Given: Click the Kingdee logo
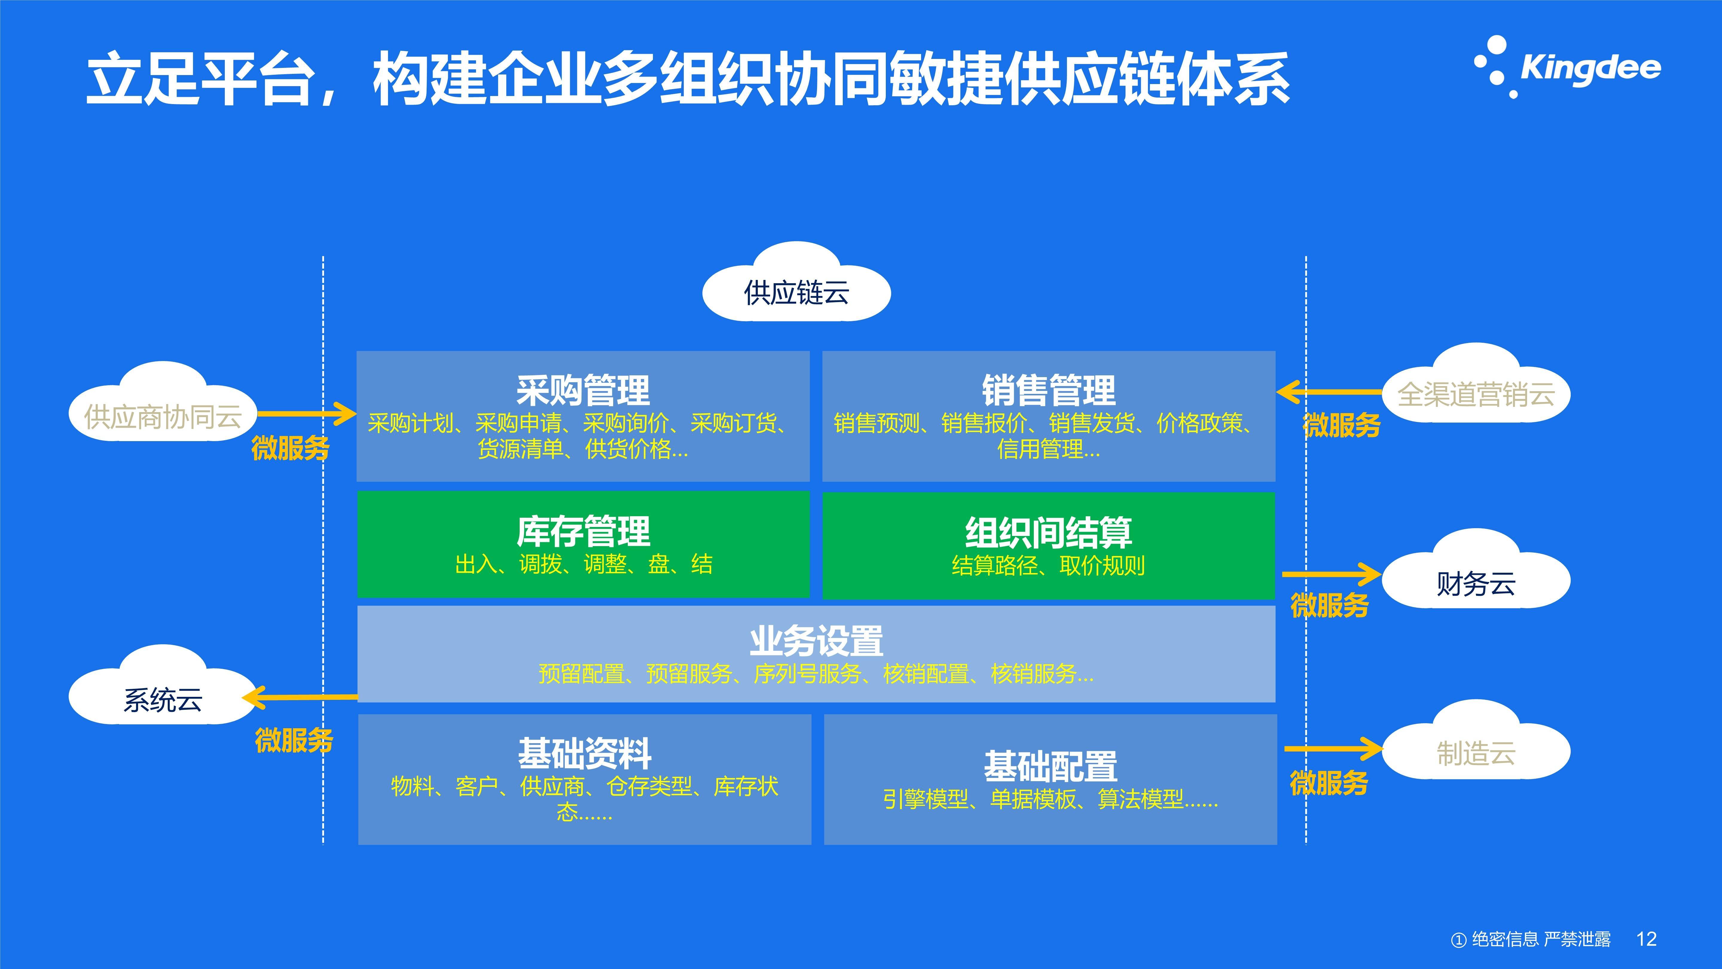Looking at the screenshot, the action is (1567, 67).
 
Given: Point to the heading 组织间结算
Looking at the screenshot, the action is (1048, 533).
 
